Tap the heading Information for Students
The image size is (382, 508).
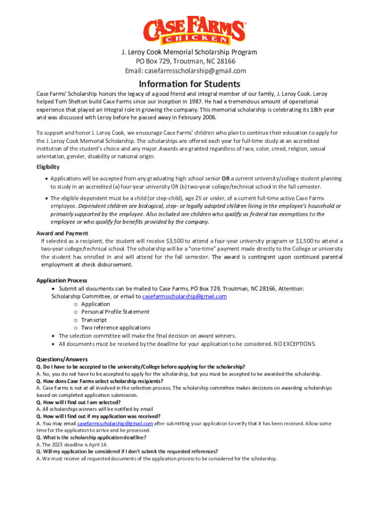(x=190, y=84)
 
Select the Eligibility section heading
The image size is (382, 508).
(x=48, y=167)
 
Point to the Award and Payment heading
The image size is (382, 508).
(x=63, y=233)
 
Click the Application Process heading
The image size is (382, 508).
(x=62, y=280)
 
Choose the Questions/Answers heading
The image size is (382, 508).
(x=62, y=359)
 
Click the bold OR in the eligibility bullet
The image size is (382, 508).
(x=225, y=179)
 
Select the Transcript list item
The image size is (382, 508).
(x=94, y=320)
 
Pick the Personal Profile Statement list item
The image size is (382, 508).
(x=115, y=312)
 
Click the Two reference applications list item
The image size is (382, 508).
(x=116, y=328)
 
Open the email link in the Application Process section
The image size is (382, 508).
(x=185, y=297)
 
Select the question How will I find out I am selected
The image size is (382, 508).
(x=78, y=402)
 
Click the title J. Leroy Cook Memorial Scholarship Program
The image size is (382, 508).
(x=191, y=52)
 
